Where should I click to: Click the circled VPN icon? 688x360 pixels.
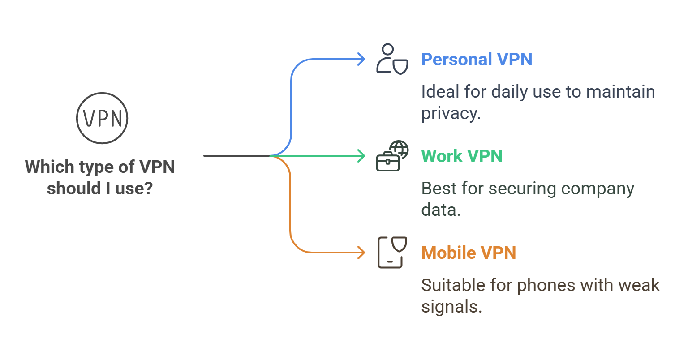click(102, 118)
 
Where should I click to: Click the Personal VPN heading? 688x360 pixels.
click(477, 60)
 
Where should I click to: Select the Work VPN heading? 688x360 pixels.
click(462, 156)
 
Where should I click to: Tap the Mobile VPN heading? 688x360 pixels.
click(469, 253)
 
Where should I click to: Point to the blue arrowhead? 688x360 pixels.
click(361, 59)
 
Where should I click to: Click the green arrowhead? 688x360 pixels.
click(361, 156)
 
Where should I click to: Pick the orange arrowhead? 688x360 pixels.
click(361, 253)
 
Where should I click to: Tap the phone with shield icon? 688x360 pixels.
click(392, 253)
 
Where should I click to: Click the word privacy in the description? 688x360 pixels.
click(451, 114)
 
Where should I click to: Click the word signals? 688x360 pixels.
click(451, 307)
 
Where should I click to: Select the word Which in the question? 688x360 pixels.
click(50, 167)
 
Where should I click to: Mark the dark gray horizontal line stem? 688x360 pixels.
click(236, 156)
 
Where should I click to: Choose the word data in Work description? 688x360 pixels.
click(441, 210)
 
